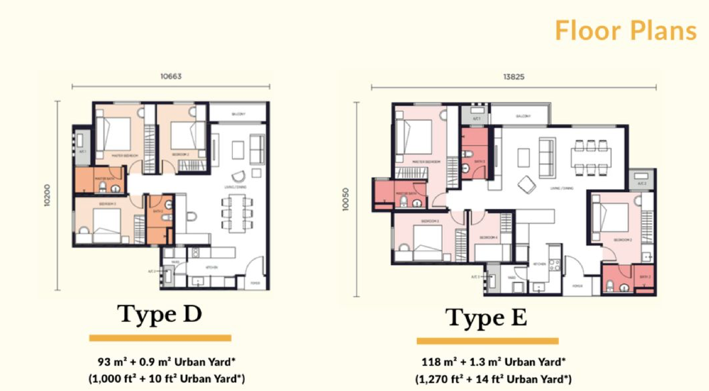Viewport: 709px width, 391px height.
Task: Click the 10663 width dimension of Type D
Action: (x=171, y=76)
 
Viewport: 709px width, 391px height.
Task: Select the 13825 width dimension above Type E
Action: (x=514, y=77)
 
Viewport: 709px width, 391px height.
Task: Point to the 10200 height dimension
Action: (x=47, y=195)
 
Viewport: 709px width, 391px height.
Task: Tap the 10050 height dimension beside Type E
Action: (x=345, y=199)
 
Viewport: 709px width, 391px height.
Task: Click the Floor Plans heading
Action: (x=625, y=30)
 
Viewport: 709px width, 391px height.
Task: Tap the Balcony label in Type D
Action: (x=238, y=114)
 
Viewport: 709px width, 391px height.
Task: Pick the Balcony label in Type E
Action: (x=523, y=116)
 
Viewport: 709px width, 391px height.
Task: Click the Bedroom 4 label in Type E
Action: (x=488, y=238)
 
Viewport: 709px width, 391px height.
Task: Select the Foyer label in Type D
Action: (x=255, y=283)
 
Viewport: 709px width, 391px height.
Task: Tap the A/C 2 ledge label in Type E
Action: (x=642, y=184)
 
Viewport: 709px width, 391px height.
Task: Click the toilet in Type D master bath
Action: (x=103, y=187)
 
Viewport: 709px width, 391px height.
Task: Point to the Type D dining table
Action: (x=237, y=213)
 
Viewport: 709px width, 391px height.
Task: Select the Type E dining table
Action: (x=591, y=158)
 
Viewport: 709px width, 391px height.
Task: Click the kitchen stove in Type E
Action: (x=554, y=264)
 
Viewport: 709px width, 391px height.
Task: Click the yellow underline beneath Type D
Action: (x=160, y=338)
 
